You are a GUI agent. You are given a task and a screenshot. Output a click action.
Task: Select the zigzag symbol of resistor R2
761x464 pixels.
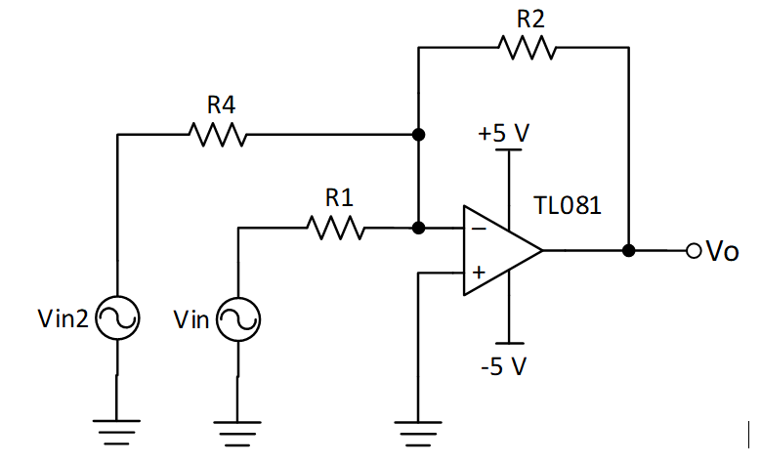526,46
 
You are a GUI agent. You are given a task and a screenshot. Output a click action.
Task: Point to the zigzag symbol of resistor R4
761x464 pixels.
218,135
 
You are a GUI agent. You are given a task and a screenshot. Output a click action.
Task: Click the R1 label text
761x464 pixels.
338,197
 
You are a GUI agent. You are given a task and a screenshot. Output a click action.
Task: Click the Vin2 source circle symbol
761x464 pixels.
117,318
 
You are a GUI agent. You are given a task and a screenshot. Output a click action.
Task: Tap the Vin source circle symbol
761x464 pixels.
237,318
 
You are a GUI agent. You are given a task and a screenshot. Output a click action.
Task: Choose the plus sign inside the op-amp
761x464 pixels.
479,274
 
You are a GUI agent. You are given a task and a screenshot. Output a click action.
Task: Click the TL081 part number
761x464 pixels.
568,206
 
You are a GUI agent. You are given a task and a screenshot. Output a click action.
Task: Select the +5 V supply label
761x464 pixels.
504,134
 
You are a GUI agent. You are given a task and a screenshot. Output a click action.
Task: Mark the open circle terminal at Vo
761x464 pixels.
694,251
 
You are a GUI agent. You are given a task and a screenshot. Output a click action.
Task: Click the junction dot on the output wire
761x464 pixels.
629,251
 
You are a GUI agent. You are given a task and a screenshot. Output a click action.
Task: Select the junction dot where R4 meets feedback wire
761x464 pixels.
418,135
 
